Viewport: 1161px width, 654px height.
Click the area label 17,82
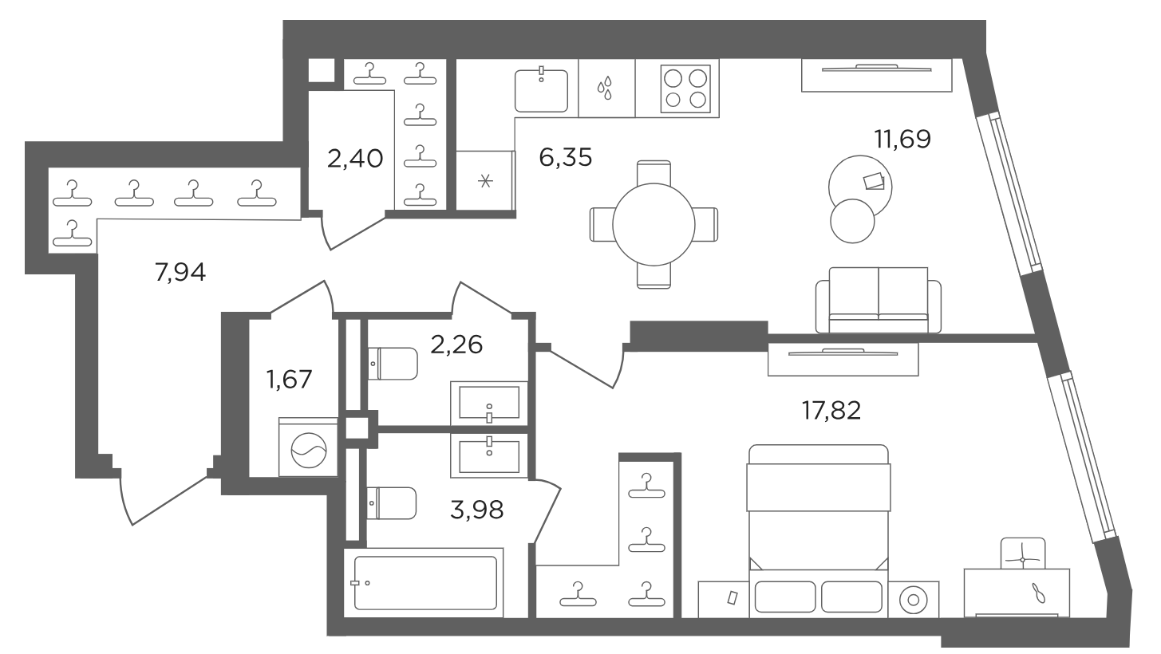point(831,411)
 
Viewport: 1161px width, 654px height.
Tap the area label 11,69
point(902,139)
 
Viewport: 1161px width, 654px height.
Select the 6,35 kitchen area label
point(565,157)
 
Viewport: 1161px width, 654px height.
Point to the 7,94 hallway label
point(180,272)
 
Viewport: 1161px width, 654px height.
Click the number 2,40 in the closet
point(355,158)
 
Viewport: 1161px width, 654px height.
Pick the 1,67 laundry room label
point(289,380)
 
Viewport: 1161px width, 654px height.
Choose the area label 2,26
point(456,345)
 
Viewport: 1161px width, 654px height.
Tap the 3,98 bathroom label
point(477,510)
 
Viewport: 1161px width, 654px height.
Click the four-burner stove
point(685,89)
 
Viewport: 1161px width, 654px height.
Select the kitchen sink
point(541,89)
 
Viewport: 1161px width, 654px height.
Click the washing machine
point(308,447)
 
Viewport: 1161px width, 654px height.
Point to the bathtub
point(424,582)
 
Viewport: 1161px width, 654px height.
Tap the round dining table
point(654,224)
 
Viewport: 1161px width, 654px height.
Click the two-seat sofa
point(879,300)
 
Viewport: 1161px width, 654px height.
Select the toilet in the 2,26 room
point(393,363)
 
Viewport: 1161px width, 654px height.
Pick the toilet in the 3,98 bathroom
point(392,503)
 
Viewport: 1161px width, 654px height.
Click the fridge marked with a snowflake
point(485,180)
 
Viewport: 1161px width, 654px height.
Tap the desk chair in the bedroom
point(1023,554)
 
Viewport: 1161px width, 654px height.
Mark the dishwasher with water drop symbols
point(607,88)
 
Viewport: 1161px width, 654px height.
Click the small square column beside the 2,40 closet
point(322,69)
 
